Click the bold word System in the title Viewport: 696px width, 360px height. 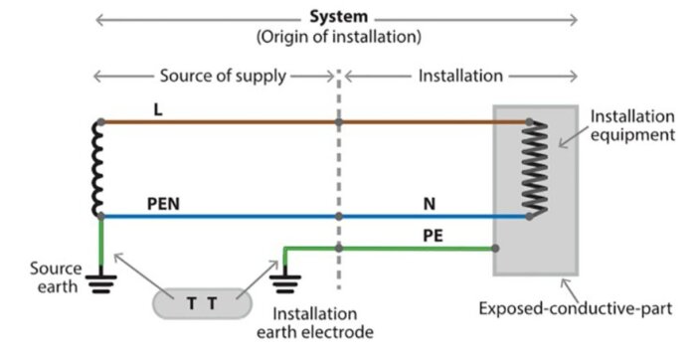coord(339,17)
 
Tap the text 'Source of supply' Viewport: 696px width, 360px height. coord(223,76)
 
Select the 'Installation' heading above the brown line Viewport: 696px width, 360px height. coord(460,76)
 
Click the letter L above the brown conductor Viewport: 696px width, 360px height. coord(157,109)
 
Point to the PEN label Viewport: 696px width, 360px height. coord(163,204)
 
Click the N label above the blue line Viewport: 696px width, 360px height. coord(430,204)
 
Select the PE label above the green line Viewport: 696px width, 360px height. coord(433,236)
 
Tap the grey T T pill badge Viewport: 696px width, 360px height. coord(203,303)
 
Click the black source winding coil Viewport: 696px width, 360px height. coord(97,169)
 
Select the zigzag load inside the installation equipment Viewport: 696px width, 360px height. coord(535,169)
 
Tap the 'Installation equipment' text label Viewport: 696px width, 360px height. coord(632,125)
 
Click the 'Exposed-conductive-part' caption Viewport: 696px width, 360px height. coord(576,308)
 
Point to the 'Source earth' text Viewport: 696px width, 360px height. coord(56,277)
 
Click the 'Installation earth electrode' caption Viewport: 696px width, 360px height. coord(315,323)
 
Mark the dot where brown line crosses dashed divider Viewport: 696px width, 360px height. coord(339,122)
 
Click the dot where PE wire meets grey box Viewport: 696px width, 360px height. coord(495,249)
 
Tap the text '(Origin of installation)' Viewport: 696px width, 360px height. coord(339,37)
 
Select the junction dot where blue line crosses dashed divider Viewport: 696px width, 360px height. coord(339,217)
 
